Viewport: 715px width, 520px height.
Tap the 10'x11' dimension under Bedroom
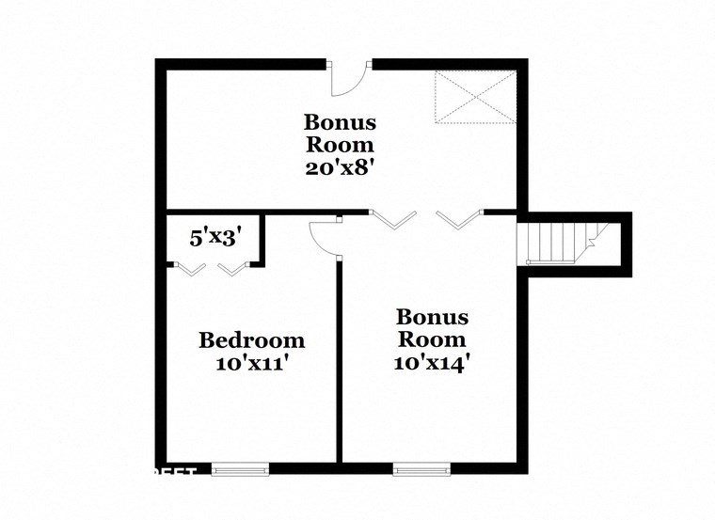tap(251, 363)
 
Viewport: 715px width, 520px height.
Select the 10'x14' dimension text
tap(432, 363)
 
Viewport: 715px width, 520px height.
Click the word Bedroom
tap(251, 340)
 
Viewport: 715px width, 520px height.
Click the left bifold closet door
tap(191, 269)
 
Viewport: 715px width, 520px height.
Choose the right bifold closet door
tap(231, 269)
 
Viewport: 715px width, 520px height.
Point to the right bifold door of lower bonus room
tap(459, 219)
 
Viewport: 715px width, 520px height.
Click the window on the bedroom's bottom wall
tap(240, 467)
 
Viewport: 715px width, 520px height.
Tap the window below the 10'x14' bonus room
tap(421, 467)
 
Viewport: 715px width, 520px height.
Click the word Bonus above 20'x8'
tap(339, 123)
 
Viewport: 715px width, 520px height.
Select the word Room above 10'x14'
tap(432, 339)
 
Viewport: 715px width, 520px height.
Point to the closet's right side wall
tap(261, 239)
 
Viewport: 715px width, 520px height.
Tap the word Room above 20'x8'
tap(339, 146)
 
